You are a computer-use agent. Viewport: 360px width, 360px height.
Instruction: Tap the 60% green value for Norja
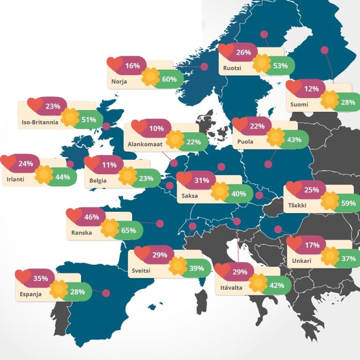click(x=169, y=79)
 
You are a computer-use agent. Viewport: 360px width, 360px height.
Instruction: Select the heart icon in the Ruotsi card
click(x=226, y=50)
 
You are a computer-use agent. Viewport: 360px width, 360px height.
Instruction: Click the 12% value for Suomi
click(x=311, y=89)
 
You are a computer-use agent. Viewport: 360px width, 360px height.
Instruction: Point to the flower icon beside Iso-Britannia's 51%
click(x=70, y=117)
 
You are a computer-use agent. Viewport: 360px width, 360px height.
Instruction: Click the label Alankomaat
click(x=145, y=144)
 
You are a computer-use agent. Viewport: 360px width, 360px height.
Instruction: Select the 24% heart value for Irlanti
click(x=26, y=163)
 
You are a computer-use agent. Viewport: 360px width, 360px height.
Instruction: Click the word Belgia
click(x=98, y=181)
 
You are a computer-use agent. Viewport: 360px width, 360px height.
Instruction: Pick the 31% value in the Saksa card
click(x=202, y=180)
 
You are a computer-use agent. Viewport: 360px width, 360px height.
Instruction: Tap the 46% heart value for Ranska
click(x=92, y=217)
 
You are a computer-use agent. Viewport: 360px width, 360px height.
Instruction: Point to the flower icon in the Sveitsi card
click(x=178, y=266)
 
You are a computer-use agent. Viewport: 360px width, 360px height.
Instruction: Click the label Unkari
click(x=302, y=261)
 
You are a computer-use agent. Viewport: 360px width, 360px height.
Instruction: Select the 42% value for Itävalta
click(x=277, y=285)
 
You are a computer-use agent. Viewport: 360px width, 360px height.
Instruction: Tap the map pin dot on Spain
click(x=106, y=293)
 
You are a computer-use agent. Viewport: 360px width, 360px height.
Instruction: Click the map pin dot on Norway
click(x=204, y=67)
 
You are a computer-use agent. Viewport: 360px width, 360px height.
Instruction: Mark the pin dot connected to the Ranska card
click(x=160, y=224)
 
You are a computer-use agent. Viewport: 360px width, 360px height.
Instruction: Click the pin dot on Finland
click(x=324, y=50)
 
